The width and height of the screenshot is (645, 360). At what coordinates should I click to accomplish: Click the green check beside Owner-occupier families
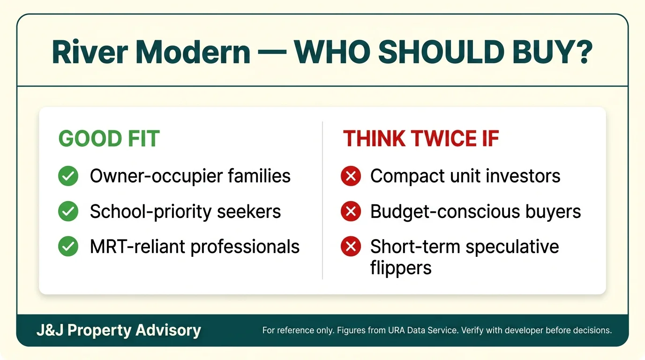(68, 176)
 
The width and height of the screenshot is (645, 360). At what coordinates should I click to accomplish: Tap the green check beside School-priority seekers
(68, 211)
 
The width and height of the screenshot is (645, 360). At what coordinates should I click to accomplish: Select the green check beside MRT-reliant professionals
(68, 246)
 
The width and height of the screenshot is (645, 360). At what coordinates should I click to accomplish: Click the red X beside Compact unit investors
(351, 176)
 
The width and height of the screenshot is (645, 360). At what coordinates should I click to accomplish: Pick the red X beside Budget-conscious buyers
(351, 211)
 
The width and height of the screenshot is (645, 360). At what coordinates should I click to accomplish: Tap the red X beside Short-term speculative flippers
(351, 246)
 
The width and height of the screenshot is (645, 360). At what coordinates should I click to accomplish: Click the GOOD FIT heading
(109, 139)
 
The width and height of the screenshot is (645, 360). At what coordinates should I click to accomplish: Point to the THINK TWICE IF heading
(420, 139)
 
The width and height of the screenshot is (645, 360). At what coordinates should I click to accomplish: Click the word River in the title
(90, 52)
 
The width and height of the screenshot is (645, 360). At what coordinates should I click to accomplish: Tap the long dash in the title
(271, 52)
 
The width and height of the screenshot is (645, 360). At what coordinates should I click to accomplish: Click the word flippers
(401, 268)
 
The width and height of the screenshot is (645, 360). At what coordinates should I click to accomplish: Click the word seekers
(249, 211)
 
